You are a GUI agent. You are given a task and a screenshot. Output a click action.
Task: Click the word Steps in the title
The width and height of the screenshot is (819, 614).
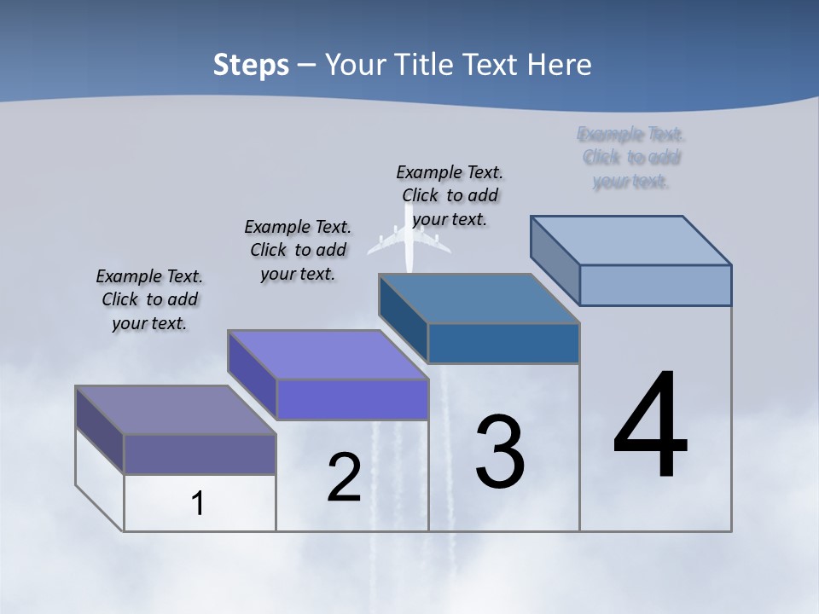click(251, 65)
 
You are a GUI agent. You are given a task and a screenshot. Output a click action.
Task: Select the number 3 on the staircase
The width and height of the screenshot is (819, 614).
click(500, 451)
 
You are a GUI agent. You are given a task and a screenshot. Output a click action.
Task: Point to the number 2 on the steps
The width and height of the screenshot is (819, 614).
click(345, 478)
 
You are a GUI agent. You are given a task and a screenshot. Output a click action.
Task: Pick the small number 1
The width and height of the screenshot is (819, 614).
click(198, 503)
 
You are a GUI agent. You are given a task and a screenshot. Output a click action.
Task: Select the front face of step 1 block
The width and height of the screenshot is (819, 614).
click(200, 455)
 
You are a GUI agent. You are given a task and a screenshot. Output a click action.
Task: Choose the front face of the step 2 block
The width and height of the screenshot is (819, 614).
click(352, 399)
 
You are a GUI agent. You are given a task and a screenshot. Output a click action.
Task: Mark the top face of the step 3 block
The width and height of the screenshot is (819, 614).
click(479, 298)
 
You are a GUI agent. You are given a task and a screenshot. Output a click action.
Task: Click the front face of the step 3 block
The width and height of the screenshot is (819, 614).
click(503, 343)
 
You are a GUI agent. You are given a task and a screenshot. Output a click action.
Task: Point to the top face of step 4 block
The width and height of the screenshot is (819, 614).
click(631, 240)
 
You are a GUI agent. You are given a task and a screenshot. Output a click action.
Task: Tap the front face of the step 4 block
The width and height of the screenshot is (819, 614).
click(655, 285)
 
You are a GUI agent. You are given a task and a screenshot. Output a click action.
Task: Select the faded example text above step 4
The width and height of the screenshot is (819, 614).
click(631, 158)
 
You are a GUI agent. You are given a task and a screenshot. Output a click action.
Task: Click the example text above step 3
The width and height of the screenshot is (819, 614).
click(450, 195)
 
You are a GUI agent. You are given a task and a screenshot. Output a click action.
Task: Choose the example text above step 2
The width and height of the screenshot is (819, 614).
click(298, 250)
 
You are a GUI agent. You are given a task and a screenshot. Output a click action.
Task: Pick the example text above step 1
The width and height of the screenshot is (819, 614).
click(149, 299)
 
